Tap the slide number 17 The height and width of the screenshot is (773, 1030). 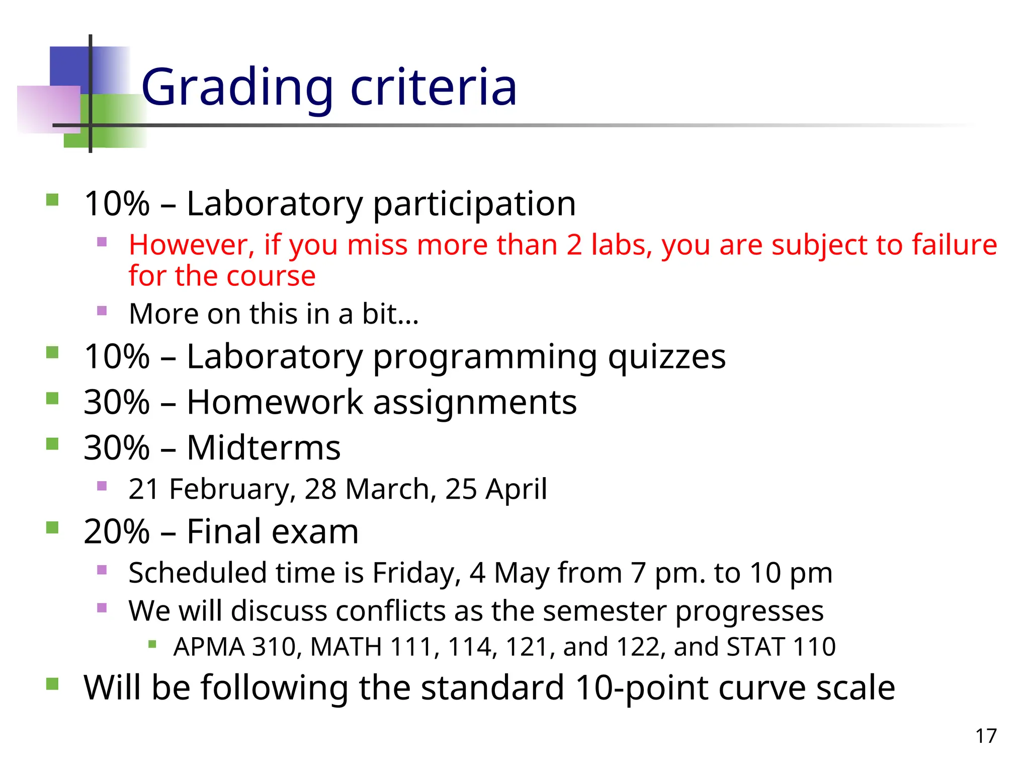pos(986,736)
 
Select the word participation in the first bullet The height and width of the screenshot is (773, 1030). pos(474,204)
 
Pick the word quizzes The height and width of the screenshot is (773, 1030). pos(666,357)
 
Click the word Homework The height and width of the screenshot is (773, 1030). pos(275,402)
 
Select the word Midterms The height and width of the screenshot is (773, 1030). pos(264,447)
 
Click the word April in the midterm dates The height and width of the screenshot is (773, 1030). pos(516,489)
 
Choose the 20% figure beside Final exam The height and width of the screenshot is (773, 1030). pos(117,531)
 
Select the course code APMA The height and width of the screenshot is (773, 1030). pos(209,647)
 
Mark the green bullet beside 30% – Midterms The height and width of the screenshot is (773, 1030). pos(52,444)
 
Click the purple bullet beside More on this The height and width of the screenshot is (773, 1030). pos(102,311)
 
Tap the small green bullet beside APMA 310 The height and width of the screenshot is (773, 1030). pos(152,644)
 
